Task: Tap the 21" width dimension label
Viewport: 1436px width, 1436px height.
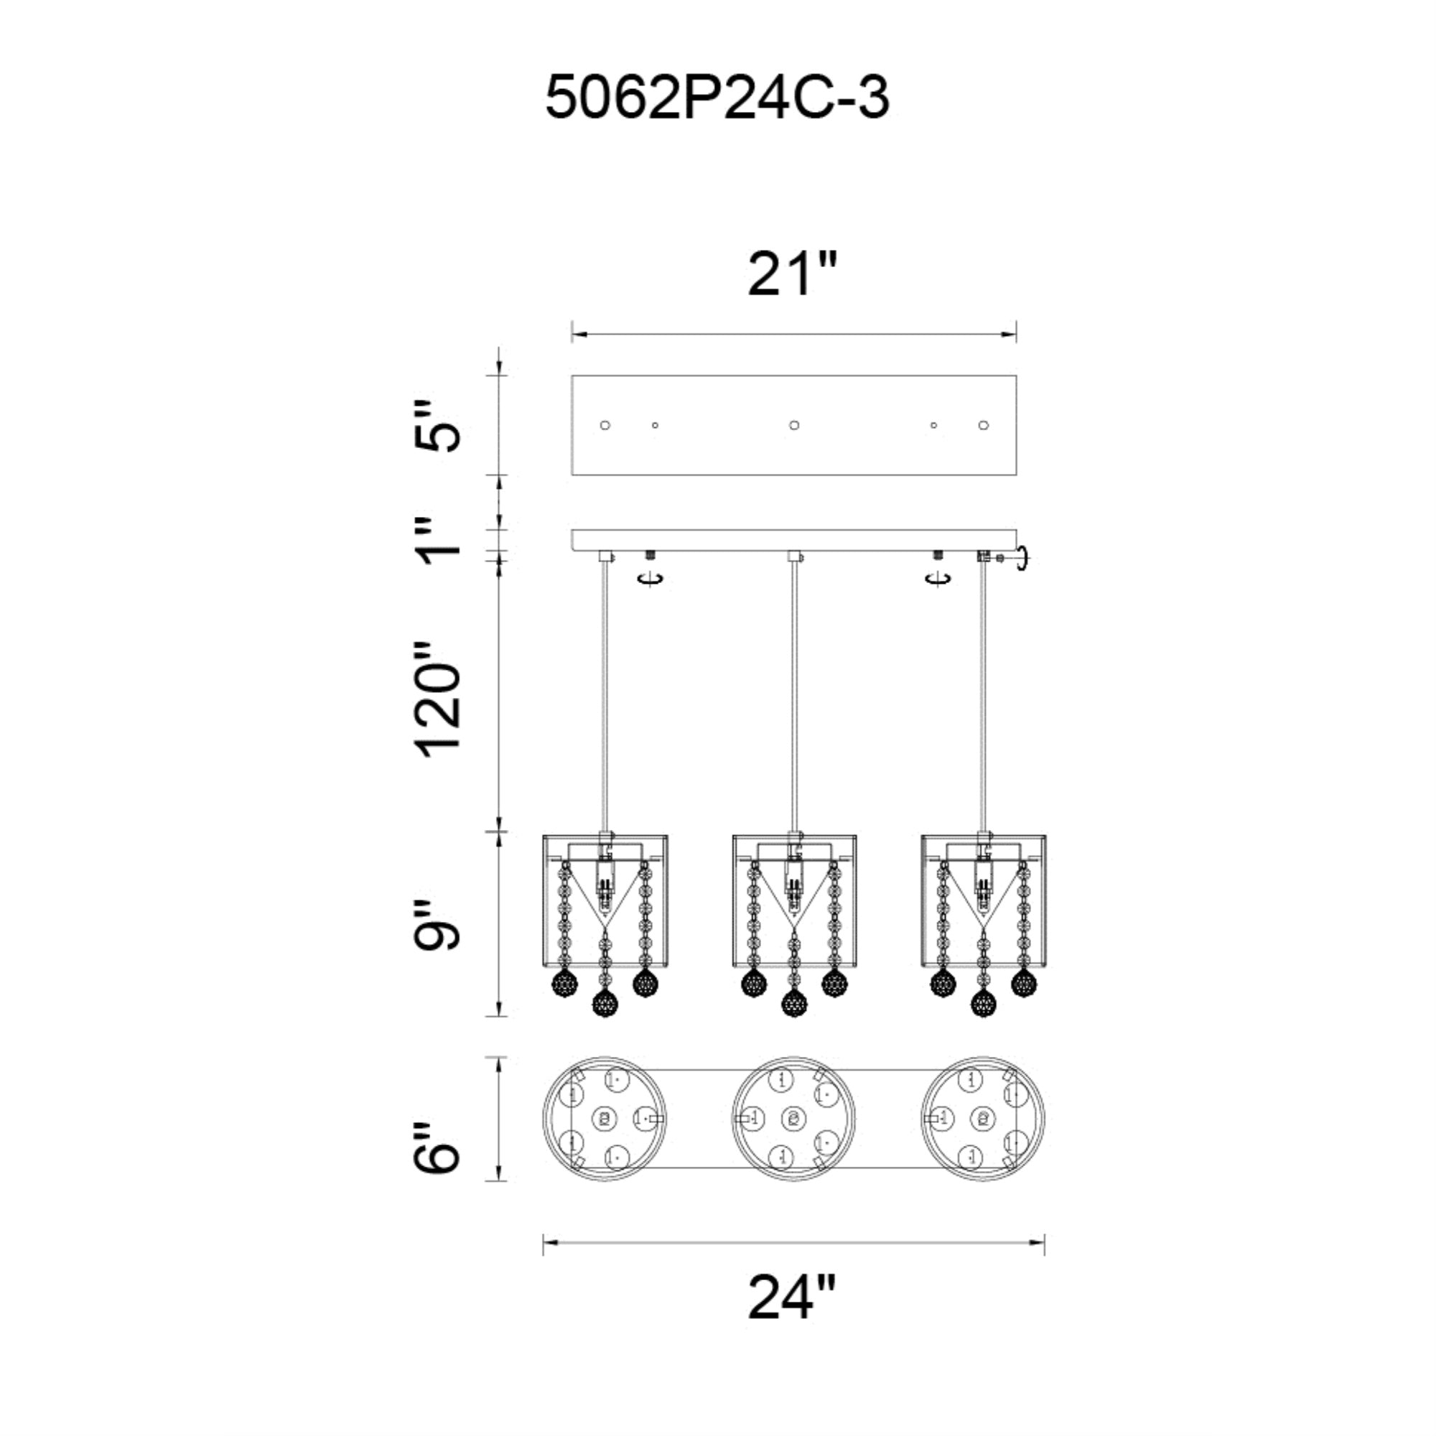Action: click(793, 274)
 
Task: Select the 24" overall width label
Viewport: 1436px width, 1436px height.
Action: click(793, 1297)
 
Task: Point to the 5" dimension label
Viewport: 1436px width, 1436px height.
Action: click(437, 425)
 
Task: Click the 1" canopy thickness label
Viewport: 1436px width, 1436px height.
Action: click(437, 541)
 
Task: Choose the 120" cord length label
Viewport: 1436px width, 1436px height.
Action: click(437, 699)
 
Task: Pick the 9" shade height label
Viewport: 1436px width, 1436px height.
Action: click(437, 926)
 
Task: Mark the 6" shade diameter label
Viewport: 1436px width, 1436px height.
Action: click(437, 1147)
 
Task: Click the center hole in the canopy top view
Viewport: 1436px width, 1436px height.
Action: click(794, 425)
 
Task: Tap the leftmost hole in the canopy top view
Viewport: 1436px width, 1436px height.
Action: click(605, 425)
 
